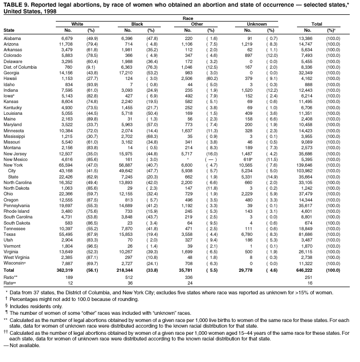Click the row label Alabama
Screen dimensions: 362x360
pyautogui.click(x=12, y=38)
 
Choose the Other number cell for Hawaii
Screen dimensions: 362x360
pyautogui.click(x=187, y=78)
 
